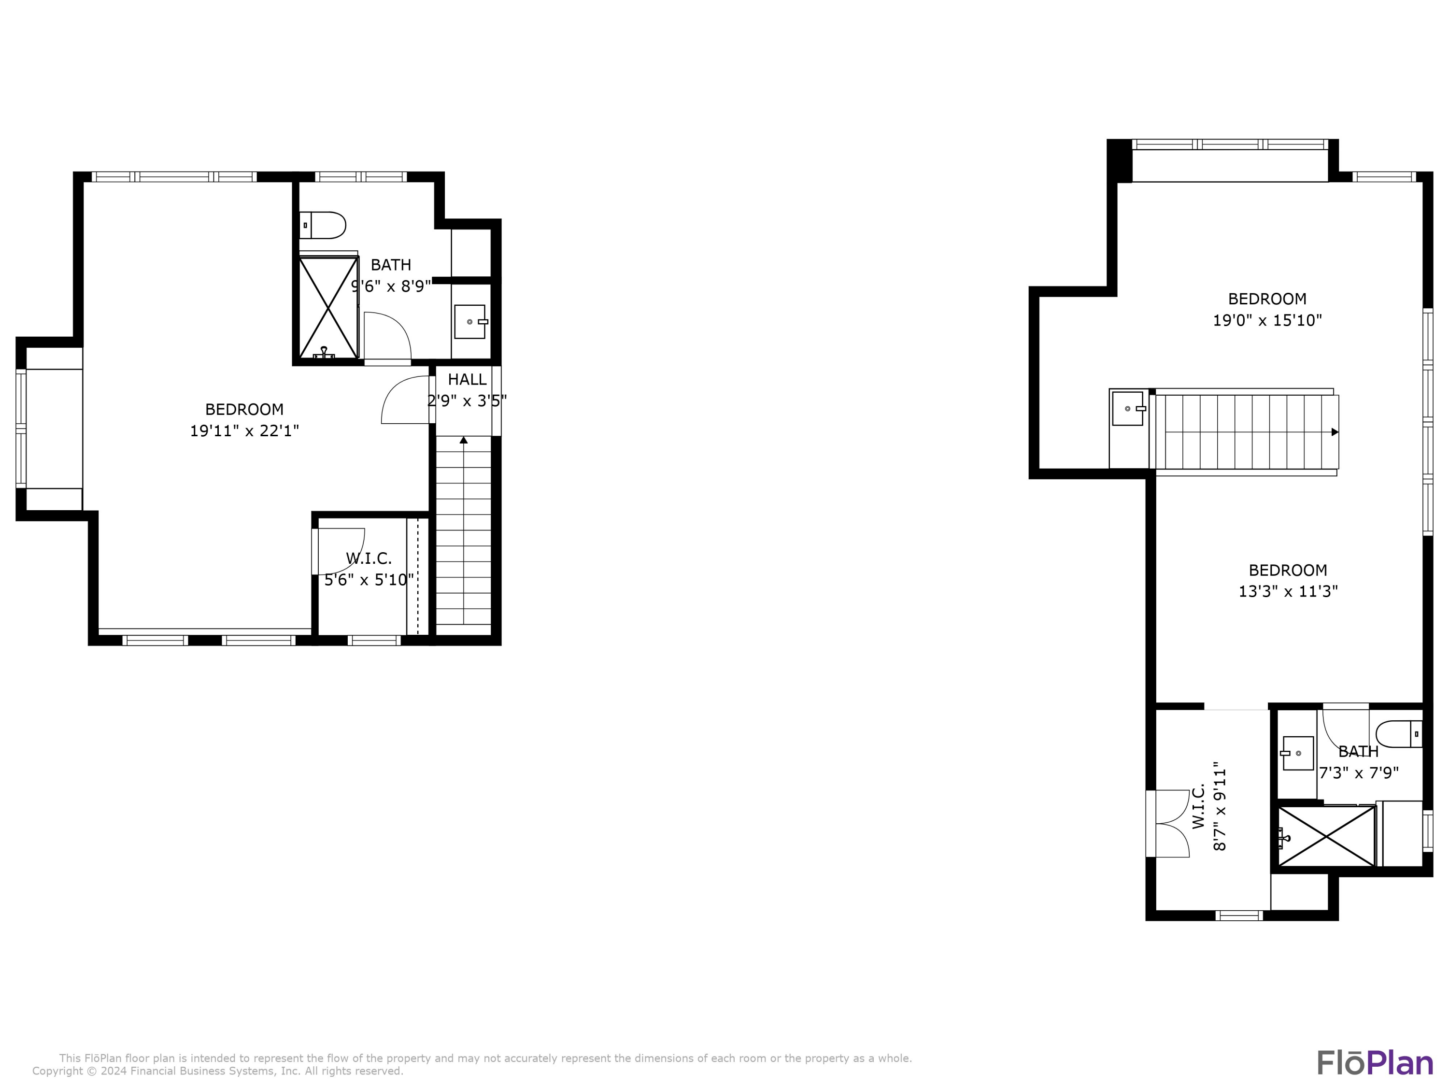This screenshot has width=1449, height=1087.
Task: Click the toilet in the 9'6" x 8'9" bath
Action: [x=324, y=226]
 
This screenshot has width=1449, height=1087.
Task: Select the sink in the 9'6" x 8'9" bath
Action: [x=469, y=322]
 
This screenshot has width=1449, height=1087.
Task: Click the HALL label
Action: [x=467, y=379]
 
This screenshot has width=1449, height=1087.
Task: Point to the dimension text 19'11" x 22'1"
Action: [x=244, y=431]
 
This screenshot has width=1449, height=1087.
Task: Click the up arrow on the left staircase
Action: [x=464, y=440]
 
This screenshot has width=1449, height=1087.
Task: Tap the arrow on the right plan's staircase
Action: [x=1335, y=432]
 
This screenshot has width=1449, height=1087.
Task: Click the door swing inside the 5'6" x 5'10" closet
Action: [x=341, y=550]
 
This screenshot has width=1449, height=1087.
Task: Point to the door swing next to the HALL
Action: [x=405, y=400]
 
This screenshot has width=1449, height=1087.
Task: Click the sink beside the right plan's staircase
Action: [x=1127, y=408]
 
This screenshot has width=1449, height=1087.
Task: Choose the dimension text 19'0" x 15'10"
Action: [x=1267, y=320]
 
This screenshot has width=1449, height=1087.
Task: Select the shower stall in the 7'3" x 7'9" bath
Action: [x=1326, y=837]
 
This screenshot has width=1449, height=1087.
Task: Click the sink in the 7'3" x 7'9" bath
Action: [x=1298, y=753]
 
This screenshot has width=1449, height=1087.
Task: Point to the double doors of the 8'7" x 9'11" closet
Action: [x=1169, y=824]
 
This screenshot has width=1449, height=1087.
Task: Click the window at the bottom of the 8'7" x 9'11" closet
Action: [x=1239, y=915]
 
